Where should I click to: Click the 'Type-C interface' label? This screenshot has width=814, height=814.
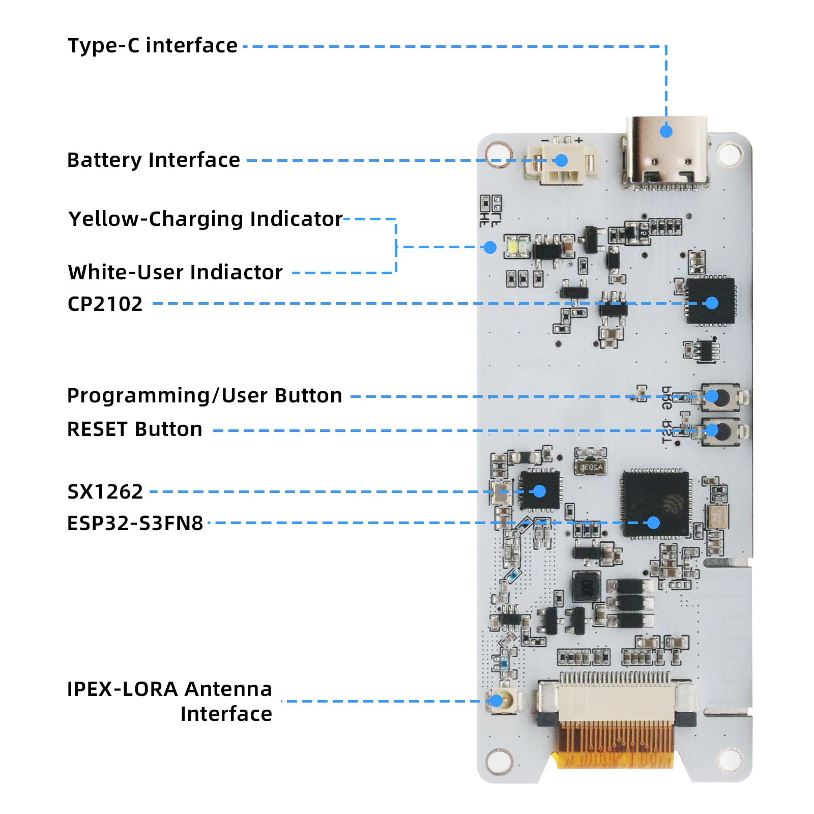tap(153, 46)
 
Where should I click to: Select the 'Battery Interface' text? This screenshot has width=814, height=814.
tap(153, 160)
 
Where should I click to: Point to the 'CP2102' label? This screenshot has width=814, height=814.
tap(105, 304)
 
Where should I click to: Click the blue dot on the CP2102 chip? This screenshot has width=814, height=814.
tap(712, 303)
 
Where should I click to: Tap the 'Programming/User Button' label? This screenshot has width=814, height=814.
tap(205, 396)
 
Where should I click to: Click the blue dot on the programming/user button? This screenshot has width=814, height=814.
tap(712, 396)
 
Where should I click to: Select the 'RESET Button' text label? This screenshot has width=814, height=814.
tap(135, 429)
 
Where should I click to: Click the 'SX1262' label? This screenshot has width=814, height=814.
tap(105, 492)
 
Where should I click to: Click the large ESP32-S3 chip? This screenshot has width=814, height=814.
tap(655, 504)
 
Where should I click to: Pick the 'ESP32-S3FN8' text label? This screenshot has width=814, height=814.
tap(135, 524)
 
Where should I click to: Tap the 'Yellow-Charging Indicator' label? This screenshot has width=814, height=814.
tap(206, 219)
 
